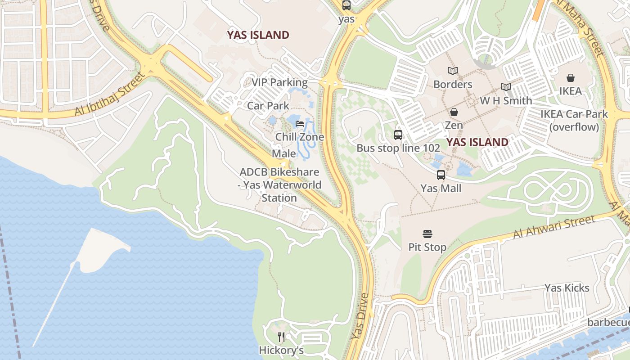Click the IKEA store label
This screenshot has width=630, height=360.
[x=570, y=91]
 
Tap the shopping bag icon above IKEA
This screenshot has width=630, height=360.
[x=570, y=78]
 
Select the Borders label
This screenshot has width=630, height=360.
[x=453, y=84]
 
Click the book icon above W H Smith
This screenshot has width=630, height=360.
[x=506, y=87]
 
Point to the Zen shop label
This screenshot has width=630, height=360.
[x=454, y=125]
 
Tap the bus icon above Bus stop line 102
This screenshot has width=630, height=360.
[x=398, y=135]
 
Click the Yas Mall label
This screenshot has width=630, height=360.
[x=441, y=188]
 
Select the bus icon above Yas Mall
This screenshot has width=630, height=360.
[x=441, y=175]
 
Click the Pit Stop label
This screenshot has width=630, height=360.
[x=427, y=247]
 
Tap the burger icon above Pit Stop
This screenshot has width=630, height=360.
[x=427, y=234]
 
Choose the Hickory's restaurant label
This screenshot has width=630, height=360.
[x=281, y=350]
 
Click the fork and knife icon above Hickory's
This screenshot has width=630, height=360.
[x=281, y=337]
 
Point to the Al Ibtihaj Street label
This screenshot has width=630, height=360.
[x=111, y=93]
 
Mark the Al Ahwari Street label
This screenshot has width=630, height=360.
[x=554, y=227]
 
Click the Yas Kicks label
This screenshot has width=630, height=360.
[x=567, y=288]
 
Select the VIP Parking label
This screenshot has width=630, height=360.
[x=279, y=82]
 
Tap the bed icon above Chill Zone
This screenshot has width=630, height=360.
[x=300, y=124]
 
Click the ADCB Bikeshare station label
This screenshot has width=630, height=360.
[x=279, y=185]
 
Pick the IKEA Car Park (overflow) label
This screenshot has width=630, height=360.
[x=574, y=121]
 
